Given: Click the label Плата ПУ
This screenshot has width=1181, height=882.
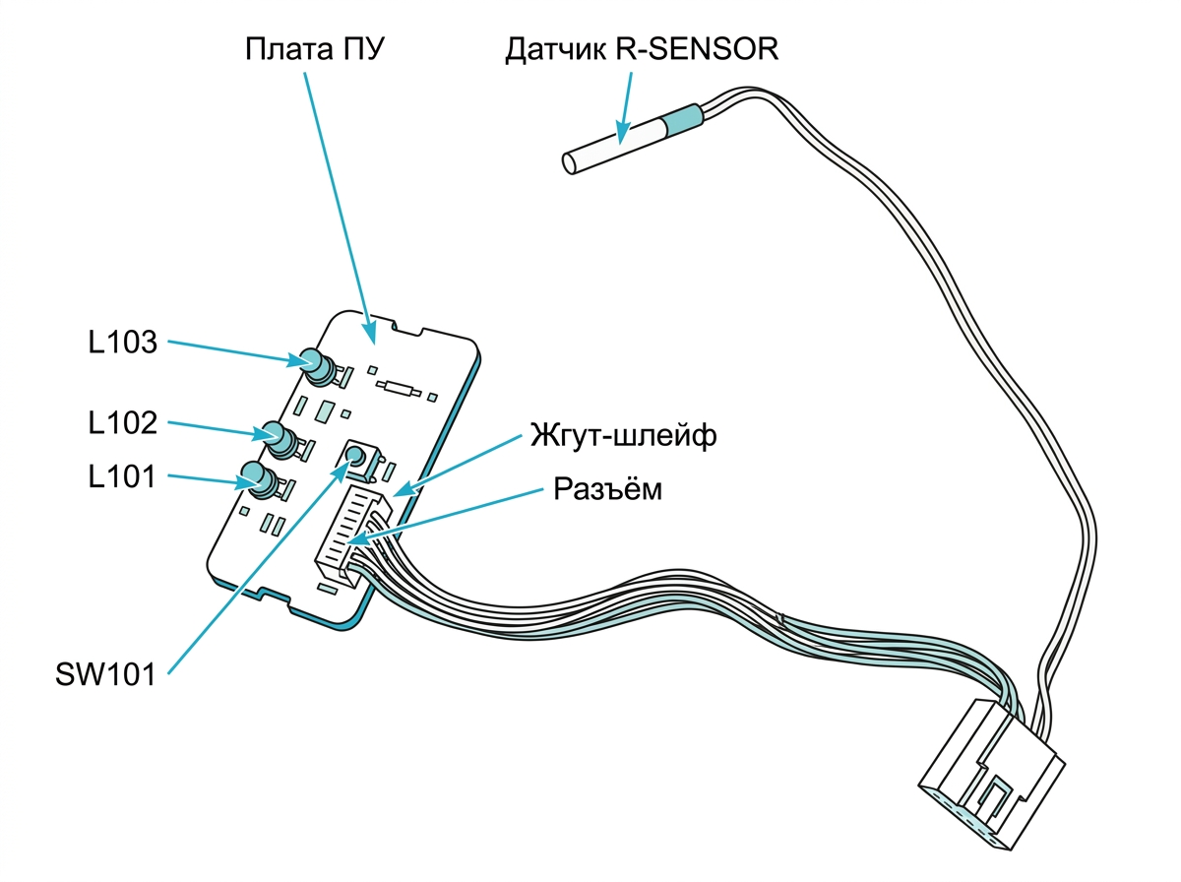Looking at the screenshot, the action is pos(314,49).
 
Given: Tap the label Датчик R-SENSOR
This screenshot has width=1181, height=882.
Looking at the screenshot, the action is pos(642,49).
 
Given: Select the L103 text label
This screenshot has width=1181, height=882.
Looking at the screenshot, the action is pos(123,342).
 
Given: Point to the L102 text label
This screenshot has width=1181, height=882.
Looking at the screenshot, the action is pos(123,422).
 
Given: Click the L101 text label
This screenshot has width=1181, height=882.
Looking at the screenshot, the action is pos(122,476).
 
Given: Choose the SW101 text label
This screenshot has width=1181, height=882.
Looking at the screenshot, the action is pos(105,674).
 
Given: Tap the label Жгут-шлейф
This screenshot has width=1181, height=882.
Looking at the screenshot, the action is pos(623,435).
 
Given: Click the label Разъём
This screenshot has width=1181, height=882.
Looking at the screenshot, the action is pos(607,489).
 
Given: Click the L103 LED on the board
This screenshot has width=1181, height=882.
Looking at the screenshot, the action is pos(319,366).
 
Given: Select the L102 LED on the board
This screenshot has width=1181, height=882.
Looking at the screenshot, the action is pos(280,440).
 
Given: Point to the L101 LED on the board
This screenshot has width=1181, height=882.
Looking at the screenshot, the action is pos(260,479).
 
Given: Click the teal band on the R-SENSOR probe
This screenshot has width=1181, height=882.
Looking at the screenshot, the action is pos(683,119).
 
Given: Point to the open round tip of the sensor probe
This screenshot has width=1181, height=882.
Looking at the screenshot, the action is pos(570,163).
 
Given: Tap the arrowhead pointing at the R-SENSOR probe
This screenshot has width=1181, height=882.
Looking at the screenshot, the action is pos(623,132).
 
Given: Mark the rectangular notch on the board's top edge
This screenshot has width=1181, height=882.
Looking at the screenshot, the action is pos(407,327).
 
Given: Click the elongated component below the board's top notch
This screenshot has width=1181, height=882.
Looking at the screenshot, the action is pos(399,388).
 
